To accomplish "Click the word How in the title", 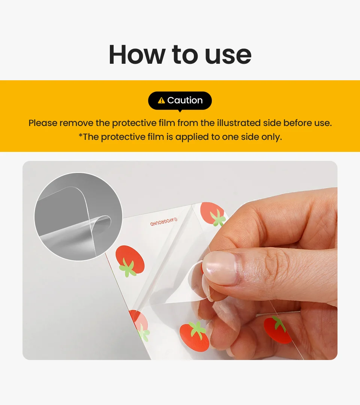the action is coord(137,54).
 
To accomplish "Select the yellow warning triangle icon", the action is coord(161,100).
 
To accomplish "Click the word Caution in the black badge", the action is coord(185,100).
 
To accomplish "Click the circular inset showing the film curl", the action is coord(78,216).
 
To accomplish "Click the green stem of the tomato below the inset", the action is coord(128,268).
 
